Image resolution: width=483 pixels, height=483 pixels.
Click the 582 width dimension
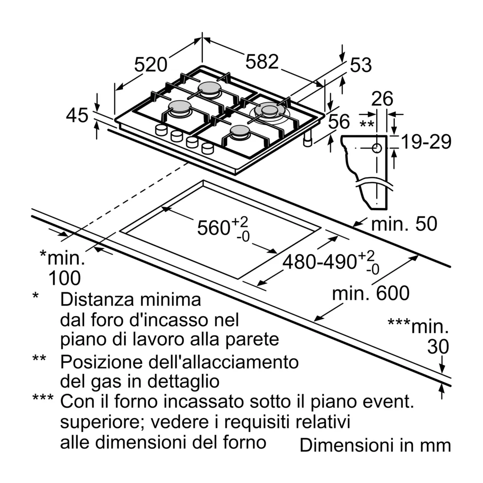(262, 62)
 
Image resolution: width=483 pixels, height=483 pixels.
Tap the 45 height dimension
(77, 116)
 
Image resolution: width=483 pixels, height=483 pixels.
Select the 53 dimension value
(361, 65)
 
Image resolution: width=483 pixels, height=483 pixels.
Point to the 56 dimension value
(339, 121)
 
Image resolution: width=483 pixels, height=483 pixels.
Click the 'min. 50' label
(404, 224)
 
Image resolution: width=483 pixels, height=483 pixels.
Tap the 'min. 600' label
(371, 293)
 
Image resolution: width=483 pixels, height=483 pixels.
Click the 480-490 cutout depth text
(319, 261)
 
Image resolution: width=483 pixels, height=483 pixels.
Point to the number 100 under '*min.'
(64, 278)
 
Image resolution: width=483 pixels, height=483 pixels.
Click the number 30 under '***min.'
(438, 346)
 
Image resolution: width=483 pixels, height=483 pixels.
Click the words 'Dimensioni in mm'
(375, 445)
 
